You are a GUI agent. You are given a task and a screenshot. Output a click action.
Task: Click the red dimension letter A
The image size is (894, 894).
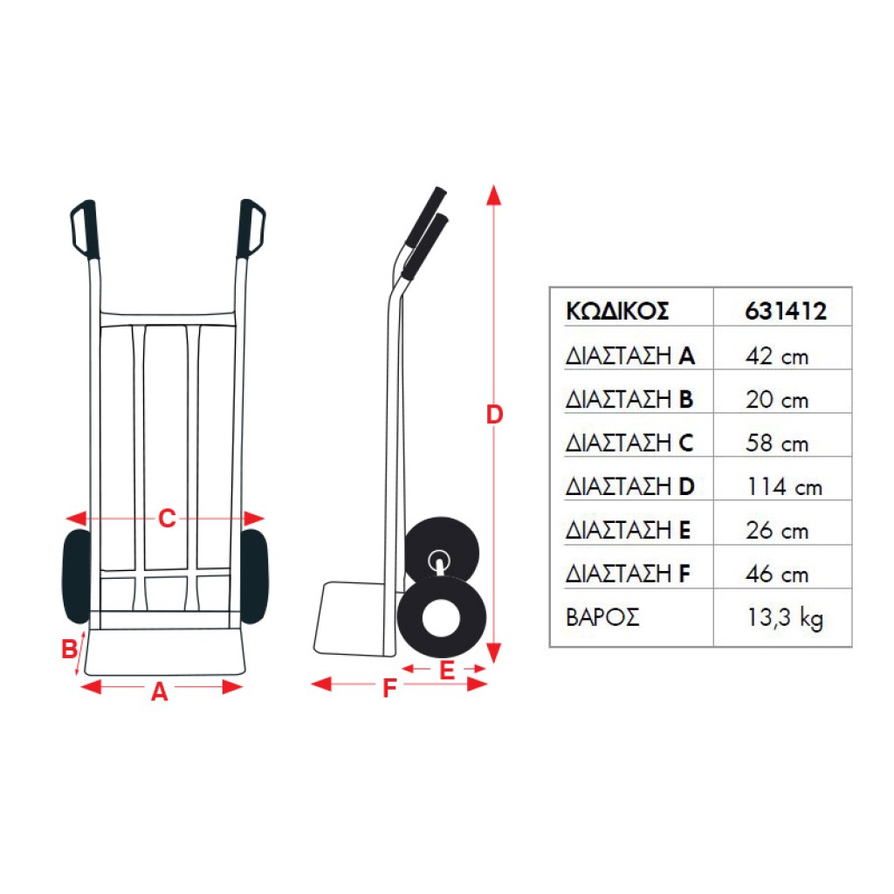click(160, 691)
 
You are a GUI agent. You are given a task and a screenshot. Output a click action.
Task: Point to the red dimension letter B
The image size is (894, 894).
click(70, 649)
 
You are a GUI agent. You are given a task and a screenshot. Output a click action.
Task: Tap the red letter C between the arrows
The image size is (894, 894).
click(167, 519)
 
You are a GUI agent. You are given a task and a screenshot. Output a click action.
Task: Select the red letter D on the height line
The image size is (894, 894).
click(494, 415)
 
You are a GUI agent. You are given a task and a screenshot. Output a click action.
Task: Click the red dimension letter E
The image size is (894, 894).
click(447, 670)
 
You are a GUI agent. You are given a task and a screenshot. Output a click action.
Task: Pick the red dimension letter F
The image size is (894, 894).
click(389, 688)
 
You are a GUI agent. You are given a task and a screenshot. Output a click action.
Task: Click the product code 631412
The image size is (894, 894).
click(786, 311)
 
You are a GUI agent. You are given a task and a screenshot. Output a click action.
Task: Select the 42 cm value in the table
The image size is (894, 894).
click(776, 356)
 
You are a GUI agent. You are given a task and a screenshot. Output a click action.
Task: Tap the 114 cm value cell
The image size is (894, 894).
click(785, 486)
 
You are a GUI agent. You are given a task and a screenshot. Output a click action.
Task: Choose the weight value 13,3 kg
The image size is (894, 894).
click(785, 617)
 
